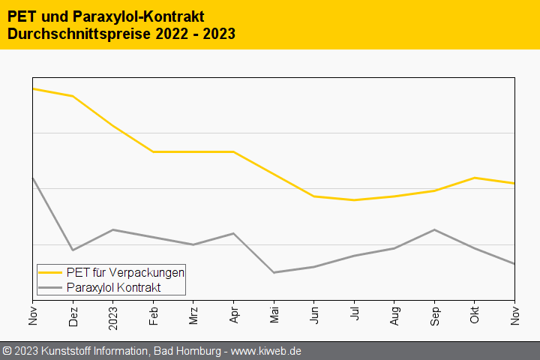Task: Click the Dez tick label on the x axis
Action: [73, 315]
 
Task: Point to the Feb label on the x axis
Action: [153, 315]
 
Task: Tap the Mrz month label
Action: [193, 315]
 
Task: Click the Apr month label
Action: [234, 315]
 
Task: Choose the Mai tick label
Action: [274, 315]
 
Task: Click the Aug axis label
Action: [394, 315]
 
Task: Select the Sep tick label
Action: [434, 315]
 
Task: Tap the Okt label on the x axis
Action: [475, 315]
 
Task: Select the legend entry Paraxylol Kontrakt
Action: [113, 287]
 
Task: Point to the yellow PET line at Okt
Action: [475, 178]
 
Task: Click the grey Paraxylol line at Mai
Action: [274, 272]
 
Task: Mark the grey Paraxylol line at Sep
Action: [434, 229]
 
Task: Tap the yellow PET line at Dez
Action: [73, 96]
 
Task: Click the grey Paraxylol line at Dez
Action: [73, 250]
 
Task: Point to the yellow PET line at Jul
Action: [354, 200]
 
